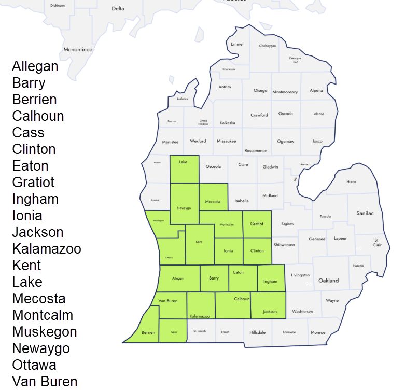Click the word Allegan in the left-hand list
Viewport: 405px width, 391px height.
pyautogui.click(x=35, y=66)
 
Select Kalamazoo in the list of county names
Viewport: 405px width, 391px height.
pyautogui.click(x=47, y=249)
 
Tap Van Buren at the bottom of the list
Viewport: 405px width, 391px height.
pyautogui.click(x=45, y=382)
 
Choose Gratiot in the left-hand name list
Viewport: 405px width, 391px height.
pyautogui.click(x=33, y=183)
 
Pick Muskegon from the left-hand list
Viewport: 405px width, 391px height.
pyautogui.click(x=45, y=332)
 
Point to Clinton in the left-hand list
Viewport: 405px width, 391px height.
pyautogui.click(x=34, y=149)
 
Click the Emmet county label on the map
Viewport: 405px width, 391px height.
pyautogui.click(x=237, y=44)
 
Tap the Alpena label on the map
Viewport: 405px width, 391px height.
pyautogui.click(x=316, y=91)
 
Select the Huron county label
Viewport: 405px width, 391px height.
pyautogui.click(x=351, y=182)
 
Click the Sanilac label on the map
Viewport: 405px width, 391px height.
pyautogui.click(x=365, y=213)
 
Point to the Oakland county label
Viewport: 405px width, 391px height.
pyautogui.click(x=328, y=281)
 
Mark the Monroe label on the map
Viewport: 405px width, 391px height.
pyautogui.click(x=318, y=332)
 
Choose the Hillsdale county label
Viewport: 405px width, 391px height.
pyautogui.click(x=258, y=332)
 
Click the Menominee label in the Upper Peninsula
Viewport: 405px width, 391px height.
pyautogui.click(x=78, y=50)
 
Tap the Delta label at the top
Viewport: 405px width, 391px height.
pyautogui.click(x=118, y=9)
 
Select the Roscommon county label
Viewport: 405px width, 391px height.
pyautogui.click(x=256, y=150)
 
